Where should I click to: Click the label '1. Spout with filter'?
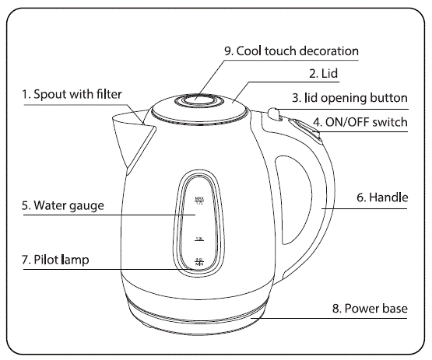(x=72, y=94)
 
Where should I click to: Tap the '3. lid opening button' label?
(x=349, y=98)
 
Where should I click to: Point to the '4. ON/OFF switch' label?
(x=360, y=122)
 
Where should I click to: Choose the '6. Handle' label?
(x=382, y=198)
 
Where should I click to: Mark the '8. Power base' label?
(x=370, y=309)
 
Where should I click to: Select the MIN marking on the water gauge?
(x=199, y=263)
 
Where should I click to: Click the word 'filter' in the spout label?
(x=108, y=94)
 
